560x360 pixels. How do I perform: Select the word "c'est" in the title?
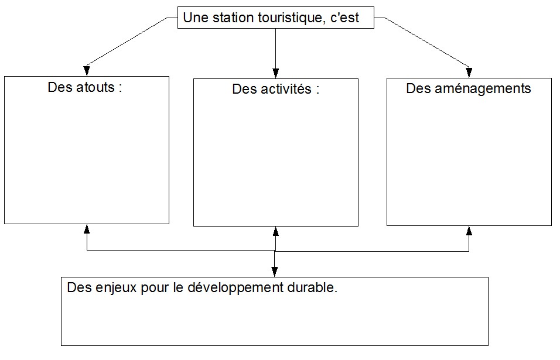344,18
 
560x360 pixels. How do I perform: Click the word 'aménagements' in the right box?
483,89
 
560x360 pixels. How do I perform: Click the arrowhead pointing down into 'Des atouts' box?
87,71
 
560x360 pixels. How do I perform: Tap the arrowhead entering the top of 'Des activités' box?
275,73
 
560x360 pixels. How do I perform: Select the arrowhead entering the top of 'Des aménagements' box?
469,73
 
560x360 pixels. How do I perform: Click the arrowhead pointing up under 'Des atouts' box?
87,229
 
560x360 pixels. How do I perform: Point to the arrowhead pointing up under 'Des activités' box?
275,231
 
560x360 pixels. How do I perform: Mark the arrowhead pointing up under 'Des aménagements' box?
469,231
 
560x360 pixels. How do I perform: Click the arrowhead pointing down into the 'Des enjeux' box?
274,272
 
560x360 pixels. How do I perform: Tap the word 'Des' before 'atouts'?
60,87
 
